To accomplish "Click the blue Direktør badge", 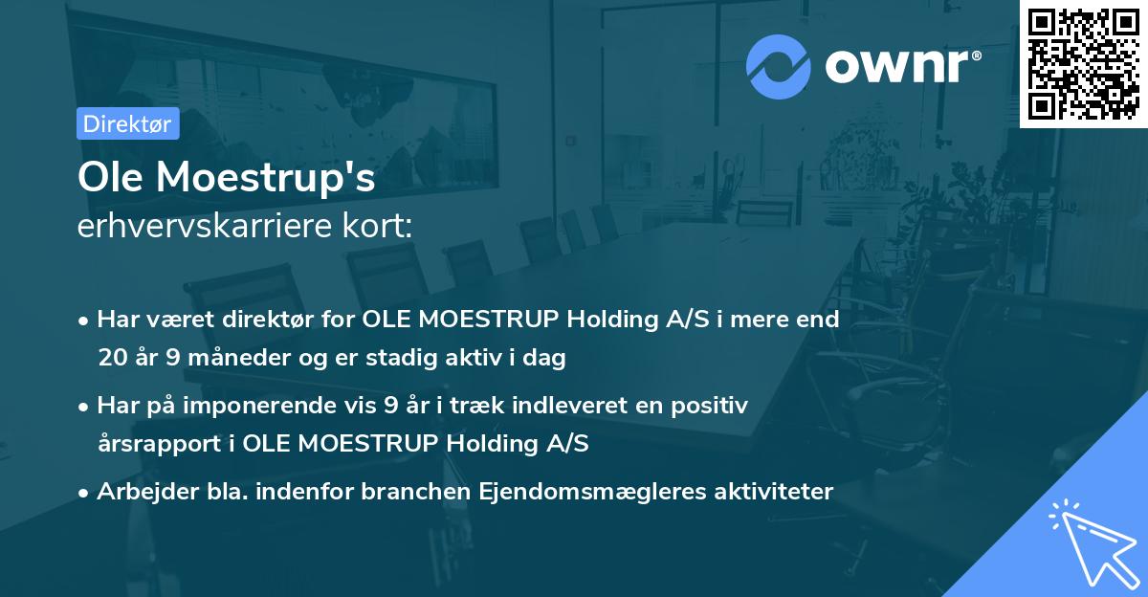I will point(127,123).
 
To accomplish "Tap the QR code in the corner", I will point(1084,63).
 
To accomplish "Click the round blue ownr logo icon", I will point(779,66).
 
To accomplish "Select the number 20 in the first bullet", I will point(111,359).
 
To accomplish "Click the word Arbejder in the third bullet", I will point(140,492).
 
